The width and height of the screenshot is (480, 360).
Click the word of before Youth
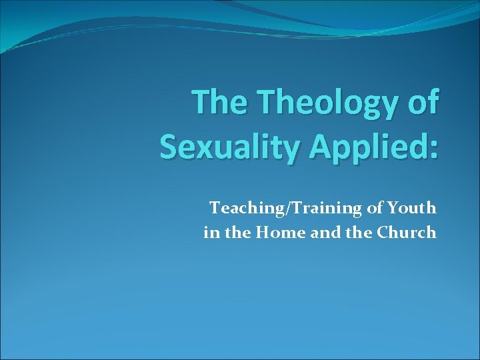point(373,208)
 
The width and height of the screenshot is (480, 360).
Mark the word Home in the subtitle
point(280,232)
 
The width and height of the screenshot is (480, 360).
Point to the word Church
point(407,232)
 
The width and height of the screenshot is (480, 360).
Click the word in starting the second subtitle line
point(211,232)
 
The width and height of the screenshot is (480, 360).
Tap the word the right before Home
point(239,232)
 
